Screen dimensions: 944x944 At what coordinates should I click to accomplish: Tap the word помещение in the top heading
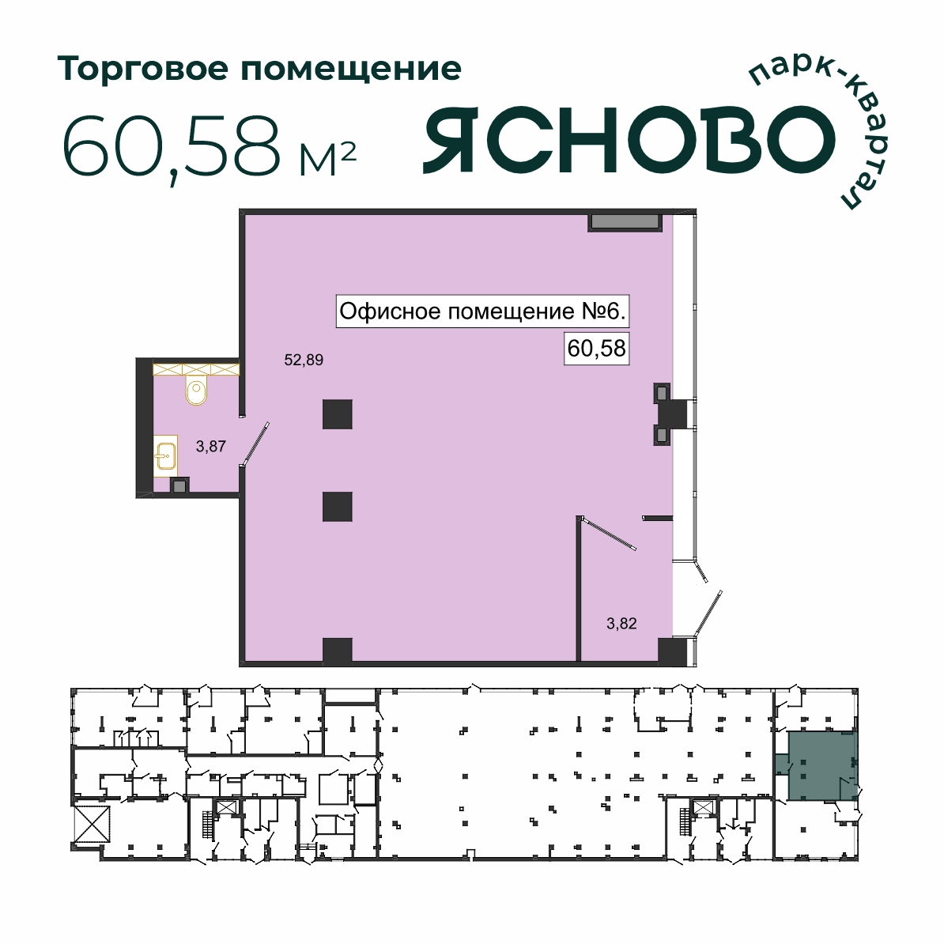[351, 70]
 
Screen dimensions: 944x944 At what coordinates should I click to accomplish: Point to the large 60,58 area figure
[171, 147]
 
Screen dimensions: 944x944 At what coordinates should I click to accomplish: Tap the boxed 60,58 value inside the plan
[596, 349]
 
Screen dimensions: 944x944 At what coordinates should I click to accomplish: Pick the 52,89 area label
[304, 360]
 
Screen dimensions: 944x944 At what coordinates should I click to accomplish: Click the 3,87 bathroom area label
[211, 446]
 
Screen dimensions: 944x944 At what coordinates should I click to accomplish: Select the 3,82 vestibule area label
[621, 624]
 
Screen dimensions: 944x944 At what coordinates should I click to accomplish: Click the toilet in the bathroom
[196, 391]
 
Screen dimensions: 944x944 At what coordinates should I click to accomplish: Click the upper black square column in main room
[337, 414]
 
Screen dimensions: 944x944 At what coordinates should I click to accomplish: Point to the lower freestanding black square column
[337, 507]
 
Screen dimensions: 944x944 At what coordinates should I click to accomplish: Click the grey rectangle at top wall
[625, 221]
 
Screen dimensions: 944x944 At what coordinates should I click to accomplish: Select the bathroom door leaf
[255, 444]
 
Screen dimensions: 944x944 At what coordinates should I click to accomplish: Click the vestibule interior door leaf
[608, 534]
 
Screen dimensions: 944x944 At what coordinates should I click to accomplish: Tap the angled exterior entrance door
[708, 613]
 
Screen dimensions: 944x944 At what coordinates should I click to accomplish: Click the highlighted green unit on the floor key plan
[821, 765]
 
